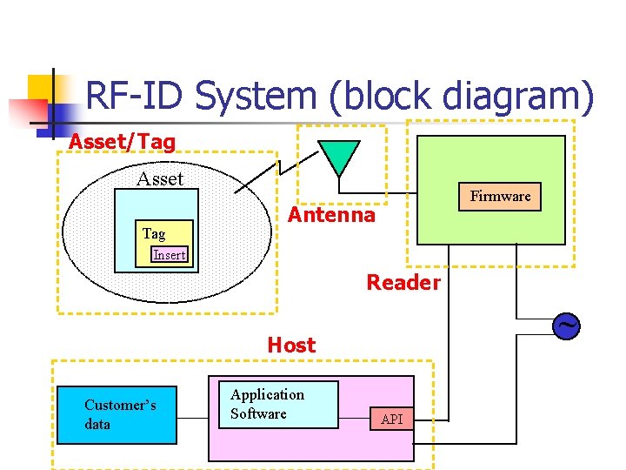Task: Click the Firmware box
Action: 500,197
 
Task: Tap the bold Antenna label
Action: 332,215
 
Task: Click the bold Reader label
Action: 403,283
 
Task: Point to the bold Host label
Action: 291,346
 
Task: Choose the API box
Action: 392,420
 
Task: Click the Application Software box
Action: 272,405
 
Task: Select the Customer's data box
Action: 117,415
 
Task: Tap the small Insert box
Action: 169,255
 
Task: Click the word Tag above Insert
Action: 154,233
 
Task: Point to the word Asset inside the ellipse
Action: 160,179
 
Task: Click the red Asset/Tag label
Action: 122,141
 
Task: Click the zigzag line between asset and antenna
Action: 259,174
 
